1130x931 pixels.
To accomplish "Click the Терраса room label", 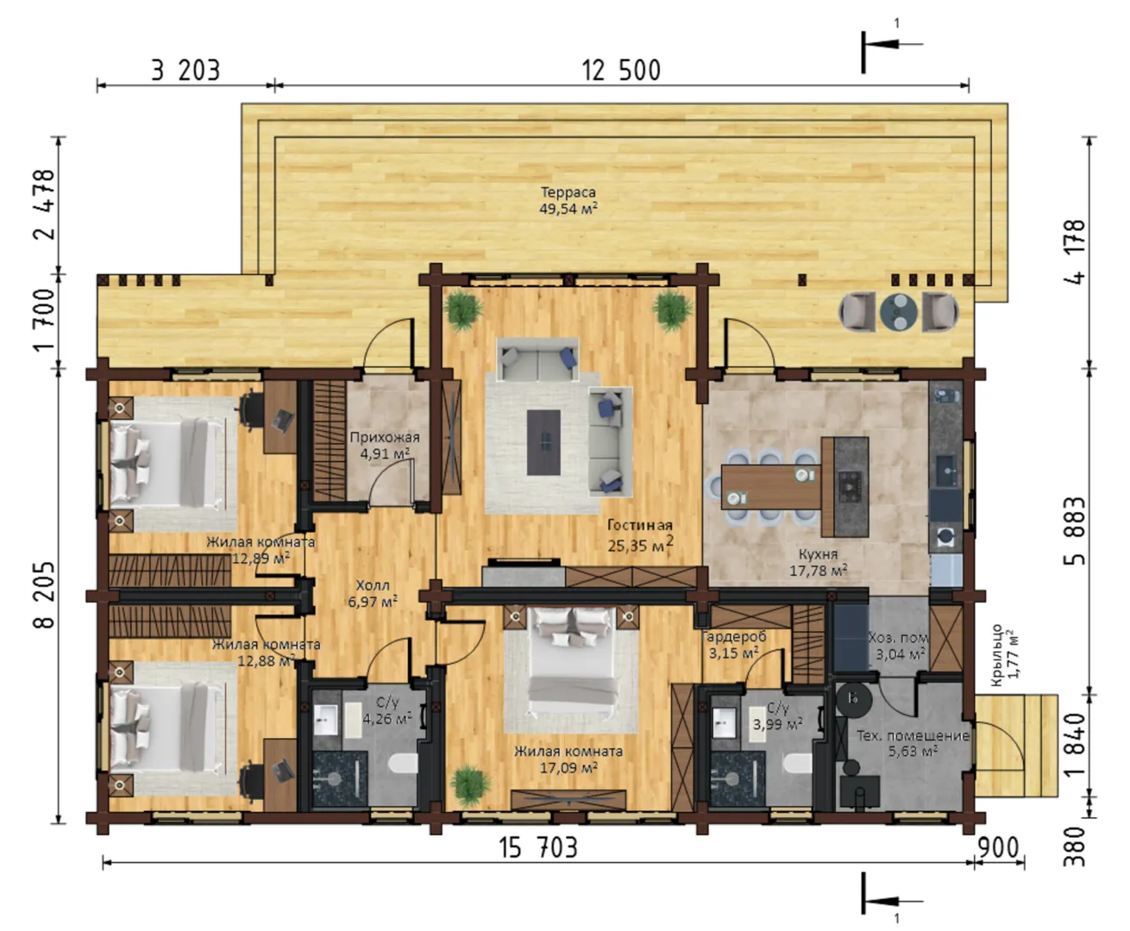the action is pyautogui.click(x=568, y=192).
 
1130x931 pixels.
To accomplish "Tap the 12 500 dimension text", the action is pyautogui.click(x=621, y=71).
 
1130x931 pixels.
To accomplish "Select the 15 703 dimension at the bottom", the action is pyautogui.click(x=538, y=847).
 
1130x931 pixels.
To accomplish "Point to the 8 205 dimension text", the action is pyautogui.click(x=45, y=595).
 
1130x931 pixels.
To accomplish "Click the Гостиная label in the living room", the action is pyautogui.click(x=640, y=525).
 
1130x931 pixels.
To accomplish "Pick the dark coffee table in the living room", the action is pyautogui.click(x=544, y=442).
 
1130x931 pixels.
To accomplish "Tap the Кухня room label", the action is pyautogui.click(x=819, y=554).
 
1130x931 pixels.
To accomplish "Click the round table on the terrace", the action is pyautogui.click(x=899, y=311).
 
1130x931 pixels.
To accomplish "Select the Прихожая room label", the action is pyautogui.click(x=385, y=437).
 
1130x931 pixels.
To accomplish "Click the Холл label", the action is pyautogui.click(x=373, y=585).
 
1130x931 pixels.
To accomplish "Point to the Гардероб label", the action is pyautogui.click(x=734, y=637).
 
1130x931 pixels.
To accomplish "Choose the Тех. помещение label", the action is pyautogui.click(x=913, y=735).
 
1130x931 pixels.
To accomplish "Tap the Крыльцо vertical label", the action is pyautogui.click(x=996, y=655).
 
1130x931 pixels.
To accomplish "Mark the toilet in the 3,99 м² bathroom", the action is pyautogui.click(x=798, y=764).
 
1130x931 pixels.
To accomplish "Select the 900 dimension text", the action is pyautogui.click(x=998, y=847).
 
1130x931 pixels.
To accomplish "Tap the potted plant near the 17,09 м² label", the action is pyautogui.click(x=470, y=785).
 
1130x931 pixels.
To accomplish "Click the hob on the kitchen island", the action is pyautogui.click(x=850, y=486).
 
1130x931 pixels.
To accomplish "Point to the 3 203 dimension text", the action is pyautogui.click(x=185, y=71).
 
